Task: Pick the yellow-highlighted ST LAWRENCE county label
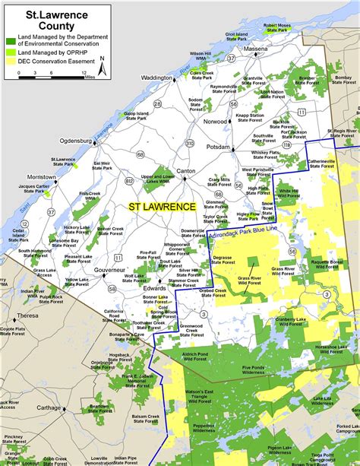click(161, 206)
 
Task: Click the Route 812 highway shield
click(130, 180)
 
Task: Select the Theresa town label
click(27, 315)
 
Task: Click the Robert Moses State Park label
click(277, 27)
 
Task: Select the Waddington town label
click(156, 78)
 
